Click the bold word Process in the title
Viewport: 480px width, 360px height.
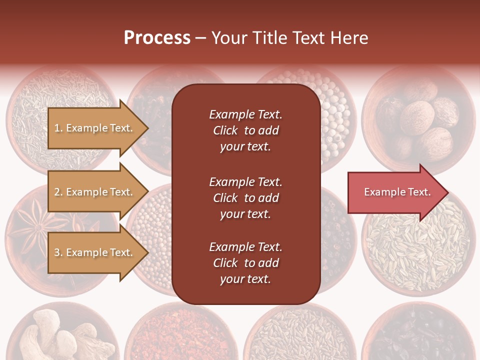click(x=157, y=38)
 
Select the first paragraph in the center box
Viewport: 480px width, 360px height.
click(x=245, y=130)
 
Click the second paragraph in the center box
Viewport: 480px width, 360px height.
click(x=245, y=198)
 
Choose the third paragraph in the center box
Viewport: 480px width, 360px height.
click(x=245, y=263)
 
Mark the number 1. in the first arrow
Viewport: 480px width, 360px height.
click(x=58, y=128)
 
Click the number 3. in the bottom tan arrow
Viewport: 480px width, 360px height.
click(x=58, y=252)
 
